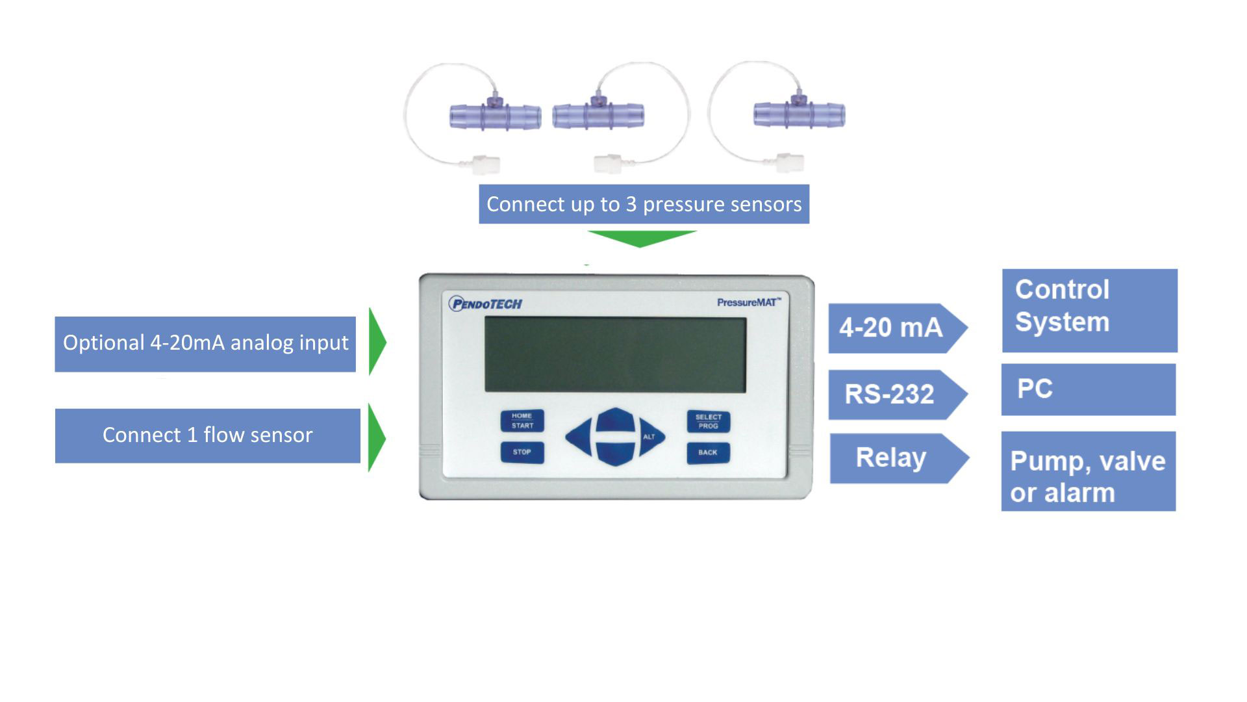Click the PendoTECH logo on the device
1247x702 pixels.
485,304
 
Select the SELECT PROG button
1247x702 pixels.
708,422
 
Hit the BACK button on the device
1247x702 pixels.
708,452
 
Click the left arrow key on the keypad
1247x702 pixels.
578,437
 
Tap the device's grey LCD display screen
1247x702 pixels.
615,355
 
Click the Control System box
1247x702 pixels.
1089,311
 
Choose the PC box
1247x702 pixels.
1088,389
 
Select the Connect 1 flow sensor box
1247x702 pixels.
207,435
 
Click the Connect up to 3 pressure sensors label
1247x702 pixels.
644,204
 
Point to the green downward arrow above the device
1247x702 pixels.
641,238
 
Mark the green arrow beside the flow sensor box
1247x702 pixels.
376,437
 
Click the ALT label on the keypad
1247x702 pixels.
649,437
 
